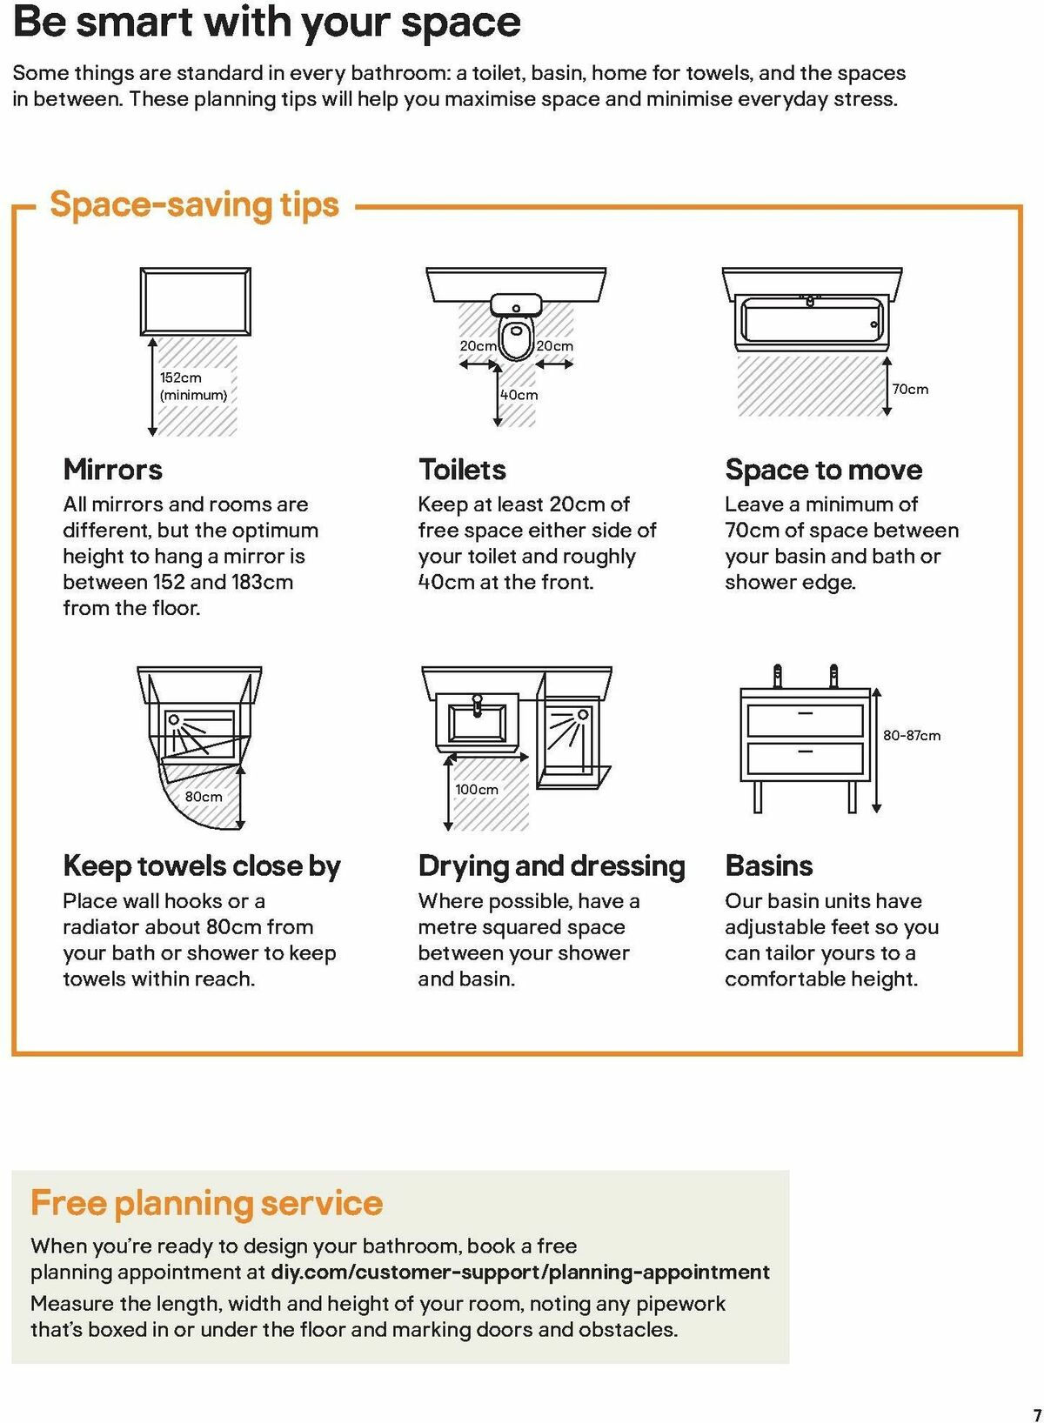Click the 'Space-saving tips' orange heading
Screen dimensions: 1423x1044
(x=194, y=205)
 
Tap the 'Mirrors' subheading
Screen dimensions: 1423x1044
(x=112, y=470)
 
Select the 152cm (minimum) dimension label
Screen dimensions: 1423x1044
(x=192, y=386)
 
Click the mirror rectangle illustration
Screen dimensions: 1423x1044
(x=196, y=302)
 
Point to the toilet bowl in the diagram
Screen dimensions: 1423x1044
(x=516, y=338)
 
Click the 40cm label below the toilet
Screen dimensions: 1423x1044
(x=519, y=395)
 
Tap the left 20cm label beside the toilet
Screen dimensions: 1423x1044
(x=478, y=346)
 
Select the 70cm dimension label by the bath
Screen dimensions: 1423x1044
(x=910, y=390)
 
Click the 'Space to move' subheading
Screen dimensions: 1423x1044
(x=823, y=470)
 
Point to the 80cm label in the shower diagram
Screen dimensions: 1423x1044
(x=204, y=796)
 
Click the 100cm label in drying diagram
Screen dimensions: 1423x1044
(x=477, y=789)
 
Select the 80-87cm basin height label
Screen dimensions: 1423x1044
(x=911, y=736)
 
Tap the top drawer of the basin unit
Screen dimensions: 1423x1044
(x=805, y=720)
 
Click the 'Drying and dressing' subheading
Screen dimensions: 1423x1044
(x=552, y=866)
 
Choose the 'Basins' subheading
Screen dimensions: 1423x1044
(x=768, y=866)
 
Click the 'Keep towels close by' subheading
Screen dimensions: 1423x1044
(x=202, y=866)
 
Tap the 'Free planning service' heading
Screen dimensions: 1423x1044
(x=206, y=1203)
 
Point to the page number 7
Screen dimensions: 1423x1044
(x=1036, y=1414)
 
